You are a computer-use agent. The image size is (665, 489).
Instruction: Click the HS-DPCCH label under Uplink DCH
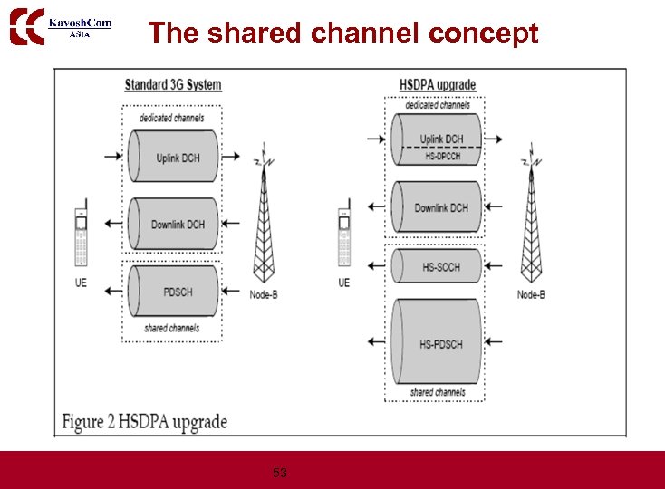click(442, 157)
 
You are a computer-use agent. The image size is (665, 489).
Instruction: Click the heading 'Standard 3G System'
click(172, 85)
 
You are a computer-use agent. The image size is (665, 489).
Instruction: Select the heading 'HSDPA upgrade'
click(438, 85)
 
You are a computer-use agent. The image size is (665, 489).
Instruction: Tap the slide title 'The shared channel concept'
click(343, 34)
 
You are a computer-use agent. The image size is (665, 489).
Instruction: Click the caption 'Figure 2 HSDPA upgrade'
click(144, 422)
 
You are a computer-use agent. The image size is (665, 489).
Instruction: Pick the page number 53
click(280, 473)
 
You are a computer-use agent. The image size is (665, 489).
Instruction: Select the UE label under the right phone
click(343, 283)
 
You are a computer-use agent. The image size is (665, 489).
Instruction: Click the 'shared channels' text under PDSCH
click(171, 328)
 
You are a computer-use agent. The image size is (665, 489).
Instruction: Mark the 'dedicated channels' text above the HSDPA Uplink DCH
click(438, 105)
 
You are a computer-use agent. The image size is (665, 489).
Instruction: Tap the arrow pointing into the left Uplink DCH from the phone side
click(113, 156)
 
